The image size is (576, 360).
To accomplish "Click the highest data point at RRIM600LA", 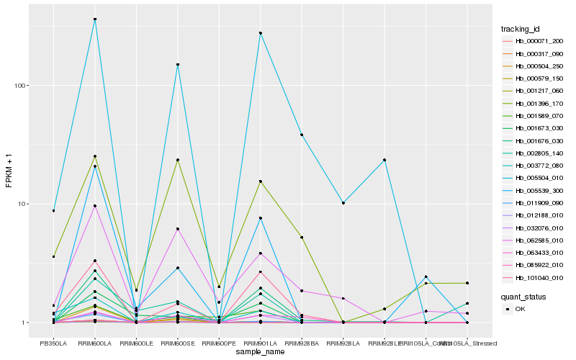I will point(95,19).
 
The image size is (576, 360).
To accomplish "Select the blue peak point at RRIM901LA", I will point(260,33).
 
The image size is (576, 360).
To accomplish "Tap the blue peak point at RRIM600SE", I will point(177,65).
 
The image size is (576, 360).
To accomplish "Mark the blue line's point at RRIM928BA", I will point(302,135).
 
